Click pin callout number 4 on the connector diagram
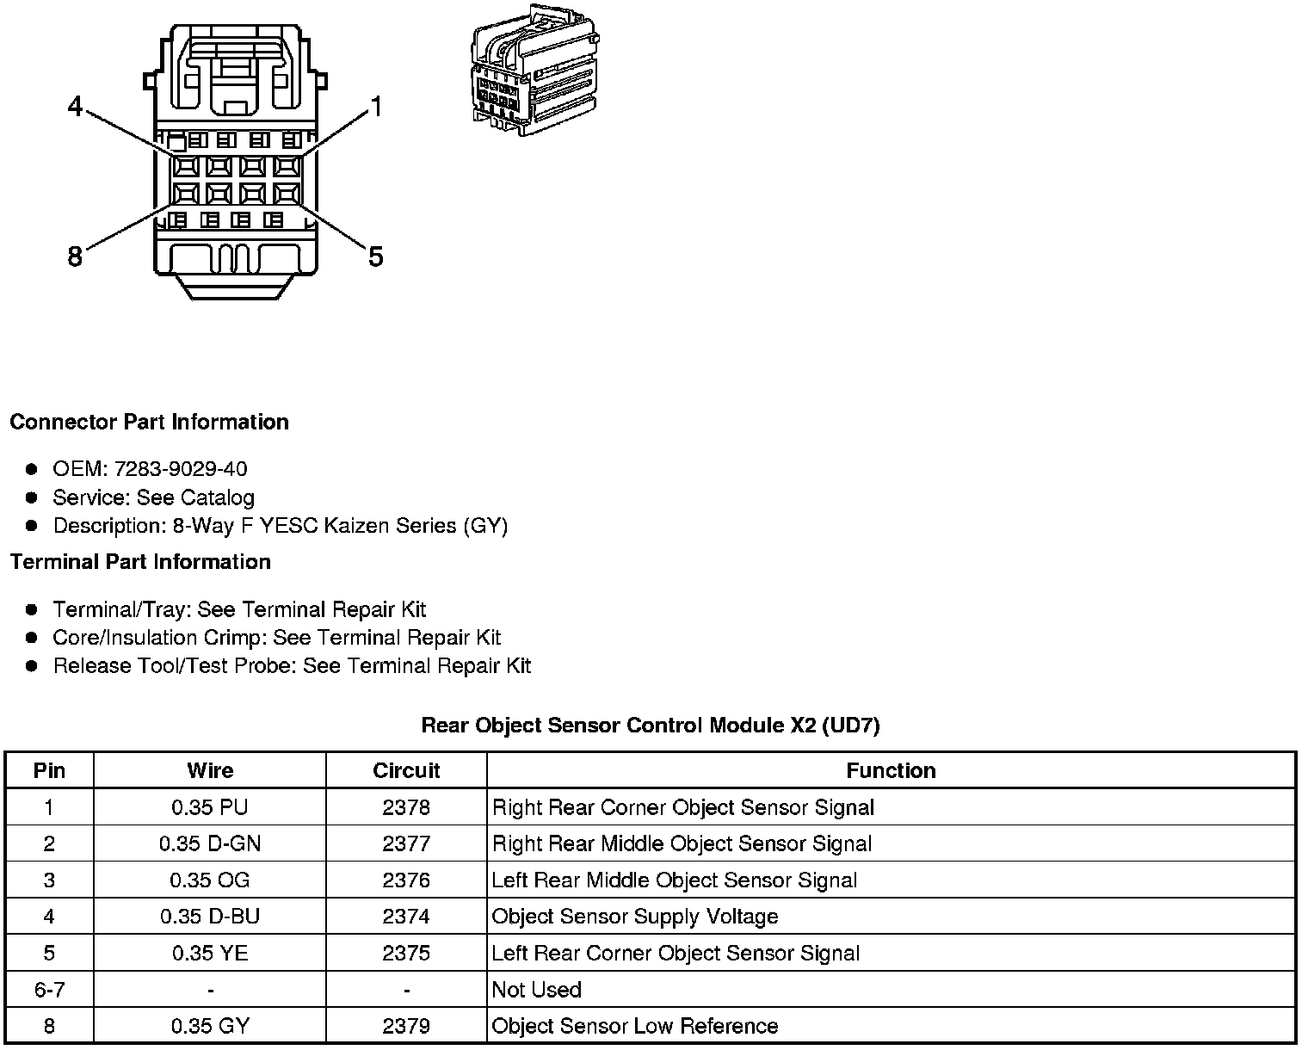tap(76, 107)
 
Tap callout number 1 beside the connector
tap(375, 107)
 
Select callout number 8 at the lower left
tap(76, 256)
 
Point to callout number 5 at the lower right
tap(375, 256)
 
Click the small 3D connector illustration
tap(534, 71)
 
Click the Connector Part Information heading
tap(149, 422)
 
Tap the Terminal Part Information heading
tap(140, 562)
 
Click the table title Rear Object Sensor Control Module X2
tap(651, 726)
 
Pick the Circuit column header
tap(406, 770)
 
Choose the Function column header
tap(891, 770)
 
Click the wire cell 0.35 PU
tap(210, 807)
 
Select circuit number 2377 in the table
tap(406, 843)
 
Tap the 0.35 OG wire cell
tap(210, 880)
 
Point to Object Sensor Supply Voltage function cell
tap(635, 917)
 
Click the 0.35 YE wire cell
tap(210, 953)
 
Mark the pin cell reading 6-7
tap(49, 990)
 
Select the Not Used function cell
tap(537, 990)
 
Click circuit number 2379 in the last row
tap(406, 1026)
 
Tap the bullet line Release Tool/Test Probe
tap(292, 666)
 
